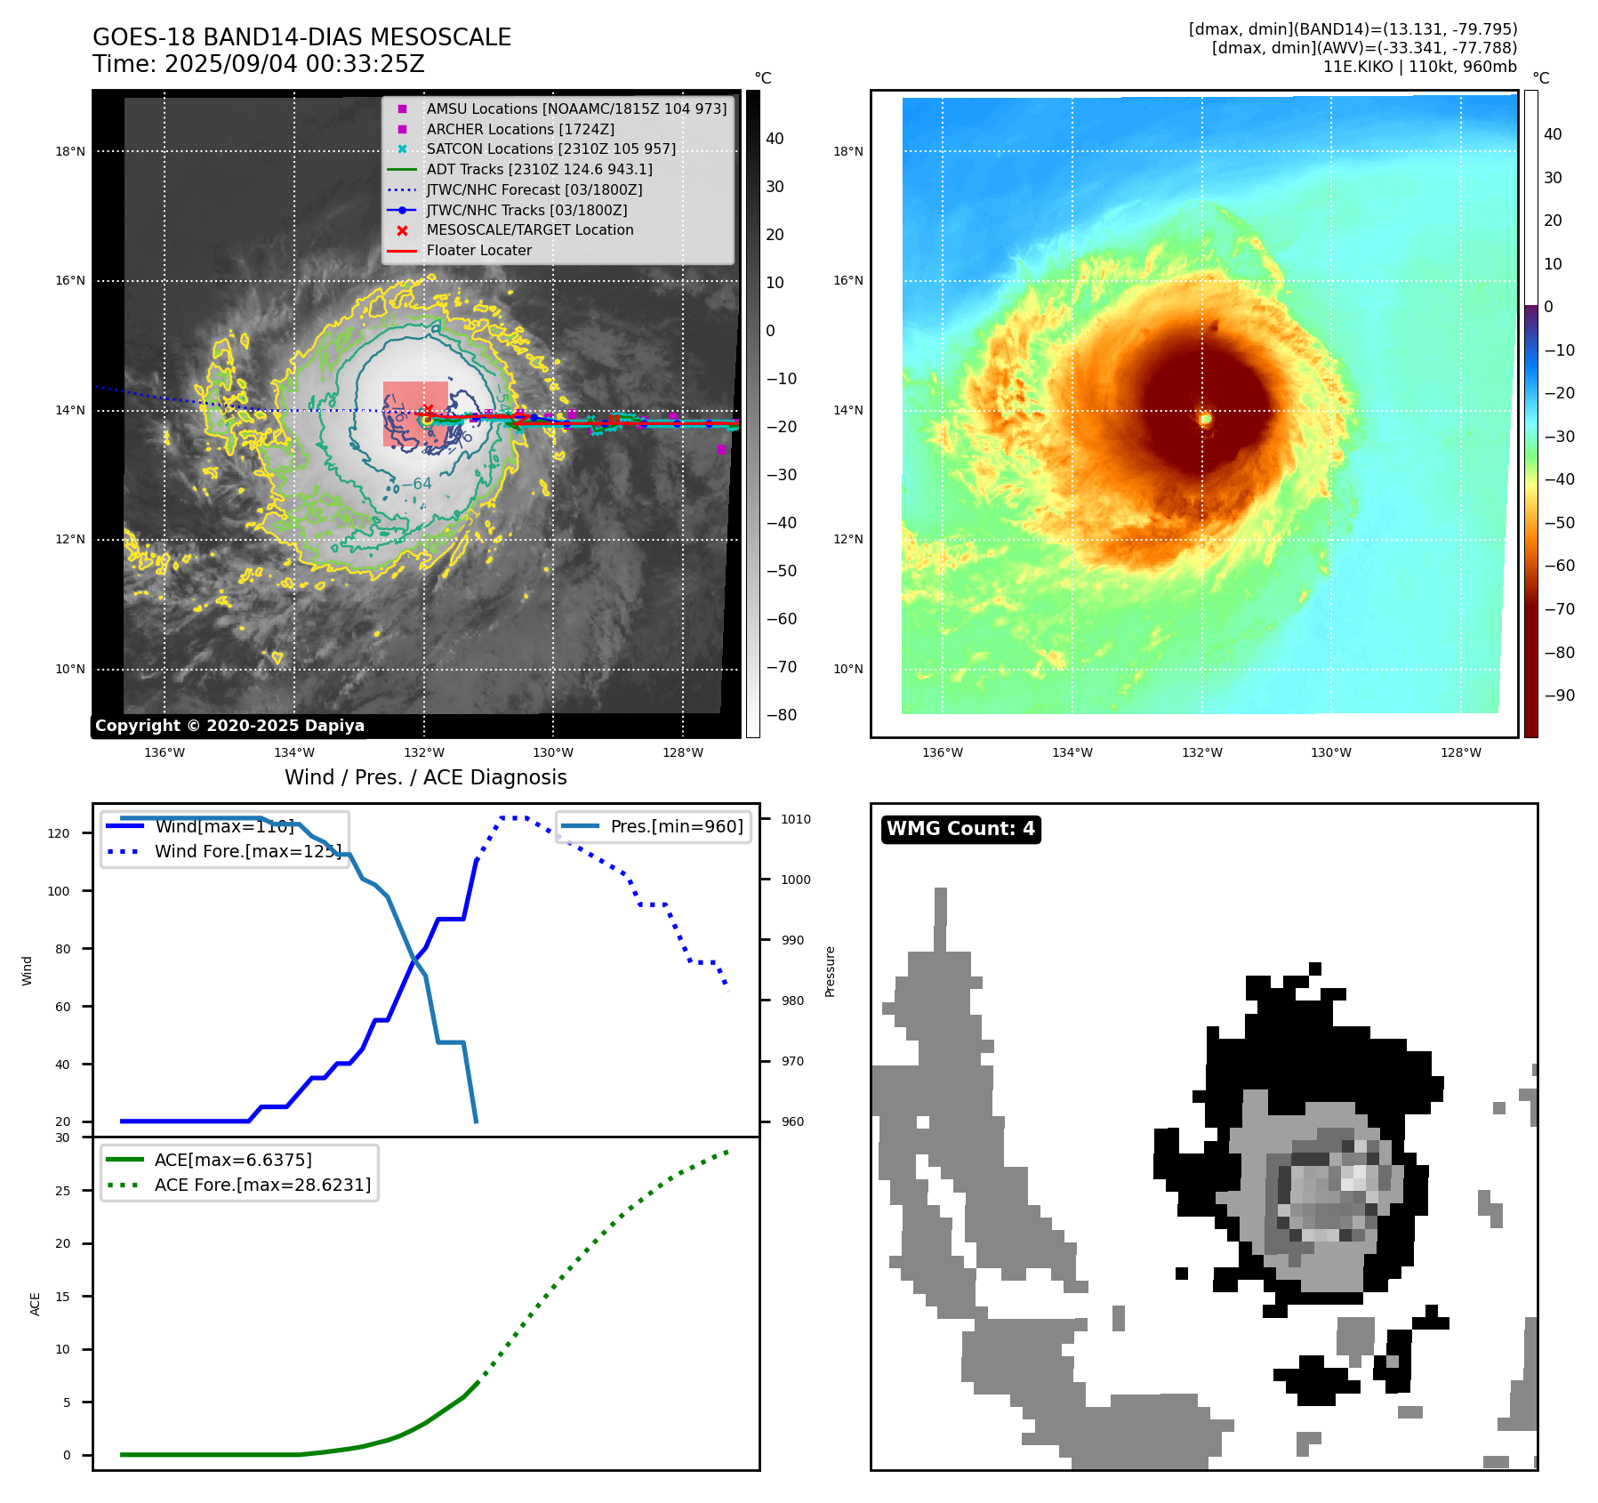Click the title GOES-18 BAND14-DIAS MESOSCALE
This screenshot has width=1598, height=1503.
(301, 37)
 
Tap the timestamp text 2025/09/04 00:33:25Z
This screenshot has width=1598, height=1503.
(294, 65)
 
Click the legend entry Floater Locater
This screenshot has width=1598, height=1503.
(478, 251)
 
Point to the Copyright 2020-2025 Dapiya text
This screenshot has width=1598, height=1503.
(229, 726)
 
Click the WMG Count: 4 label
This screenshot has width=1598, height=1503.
(960, 829)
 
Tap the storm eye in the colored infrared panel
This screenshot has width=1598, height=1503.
(1205, 418)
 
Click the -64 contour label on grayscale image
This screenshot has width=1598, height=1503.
(416, 484)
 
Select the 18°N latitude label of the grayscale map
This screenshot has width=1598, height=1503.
(70, 151)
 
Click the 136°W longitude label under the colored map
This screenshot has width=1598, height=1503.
(943, 752)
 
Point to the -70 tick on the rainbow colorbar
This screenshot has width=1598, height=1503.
(1559, 609)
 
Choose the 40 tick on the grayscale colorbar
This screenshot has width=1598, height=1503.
(775, 139)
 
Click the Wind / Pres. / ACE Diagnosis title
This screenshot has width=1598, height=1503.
(425, 777)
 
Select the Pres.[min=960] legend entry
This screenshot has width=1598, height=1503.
(676, 826)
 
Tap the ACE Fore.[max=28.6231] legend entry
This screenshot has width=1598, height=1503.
(262, 1185)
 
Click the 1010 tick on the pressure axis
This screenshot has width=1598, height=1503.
(796, 819)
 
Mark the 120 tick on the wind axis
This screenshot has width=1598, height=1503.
(59, 833)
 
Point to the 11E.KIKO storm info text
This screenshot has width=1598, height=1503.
(1419, 67)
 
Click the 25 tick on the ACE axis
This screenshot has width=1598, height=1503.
(63, 1191)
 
